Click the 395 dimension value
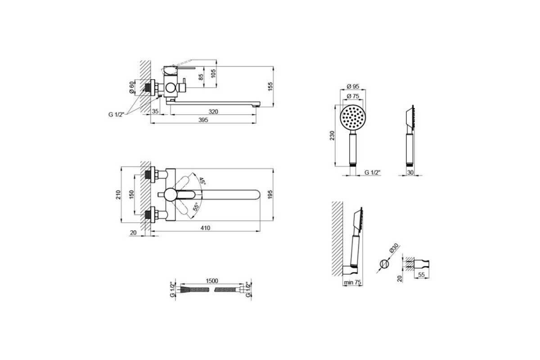click(x=203, y=120)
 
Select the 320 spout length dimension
click(x=213, y=112)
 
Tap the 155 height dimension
click(x=270, y=87)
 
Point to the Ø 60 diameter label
click(x=131, y=87)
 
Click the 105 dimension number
click(x=213, y=73)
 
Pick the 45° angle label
click(x=202, y=181)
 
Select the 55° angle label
click(x=197, y=207)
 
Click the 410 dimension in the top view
click(x=205, y=228)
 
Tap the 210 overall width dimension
click(x=118, y=194)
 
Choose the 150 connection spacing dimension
click(x=131, y=194)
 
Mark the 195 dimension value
click(x=270, y=194)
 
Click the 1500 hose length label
click(x=212, y=281)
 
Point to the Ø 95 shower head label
click(x=353, y=86)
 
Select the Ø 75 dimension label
click(x=353, y=96)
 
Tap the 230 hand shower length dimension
click(x=332, y=135)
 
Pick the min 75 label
click(x=352, y=282)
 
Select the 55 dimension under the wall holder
click(x=421, y=275)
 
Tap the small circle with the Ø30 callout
click(x=384, y=264)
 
